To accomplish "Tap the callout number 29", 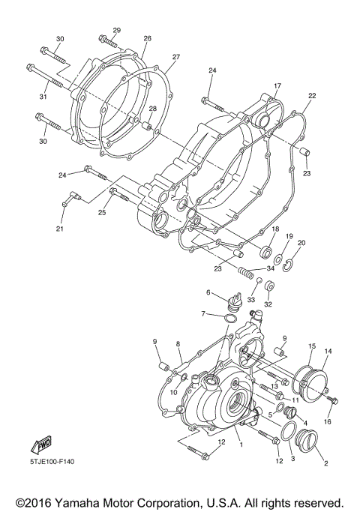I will (x=117, y=30).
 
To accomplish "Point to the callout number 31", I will (x=43, y=97).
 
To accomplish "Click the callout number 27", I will (x=175, y=57).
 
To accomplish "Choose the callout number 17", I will (x=277, y=86).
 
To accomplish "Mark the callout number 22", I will (x=312, y=96).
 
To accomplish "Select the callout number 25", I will (x=102, y=213).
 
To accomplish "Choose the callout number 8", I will (x=179, y=343).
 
